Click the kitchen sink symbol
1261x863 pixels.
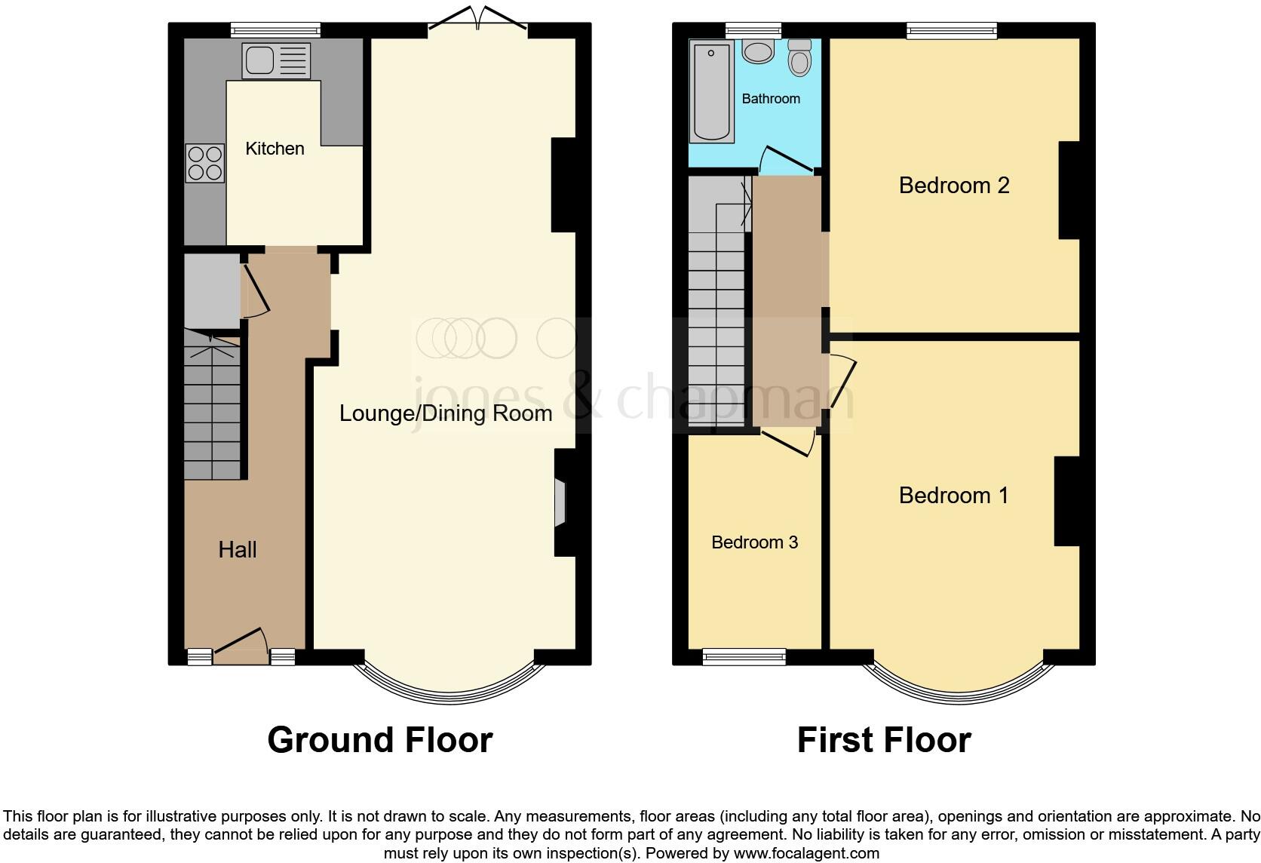(276, 60)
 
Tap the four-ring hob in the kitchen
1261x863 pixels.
(205, 163)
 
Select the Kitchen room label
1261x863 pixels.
(275, 149)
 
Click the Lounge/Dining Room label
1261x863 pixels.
(445, 413)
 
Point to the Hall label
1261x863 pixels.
(238, 550)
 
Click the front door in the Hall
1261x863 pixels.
(241, 646)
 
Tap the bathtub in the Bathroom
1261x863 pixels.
(712, 92)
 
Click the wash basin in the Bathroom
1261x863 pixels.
(757, 51)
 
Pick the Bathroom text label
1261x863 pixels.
(771, 99)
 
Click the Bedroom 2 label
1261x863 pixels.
(954, 186)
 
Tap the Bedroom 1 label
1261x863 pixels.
(953, 496)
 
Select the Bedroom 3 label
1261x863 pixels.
(754, 542)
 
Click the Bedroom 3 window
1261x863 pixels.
(744, 657)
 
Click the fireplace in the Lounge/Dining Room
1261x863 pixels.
(560, 502)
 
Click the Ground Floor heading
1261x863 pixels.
(380, 740)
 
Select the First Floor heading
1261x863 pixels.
(884, 740)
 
